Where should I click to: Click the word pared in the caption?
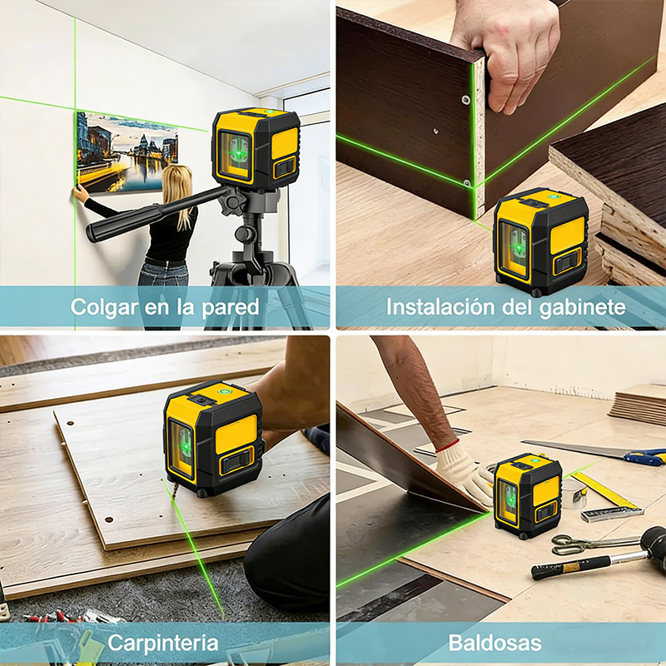(x=231, y=307)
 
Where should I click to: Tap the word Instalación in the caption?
(x=441, y=307)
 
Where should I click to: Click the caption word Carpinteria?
(x=162, y=643)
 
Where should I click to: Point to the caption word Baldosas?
(x=495, y=643)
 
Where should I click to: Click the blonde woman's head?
(x=176, y=181)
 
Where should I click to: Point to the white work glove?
(x=463, y=470)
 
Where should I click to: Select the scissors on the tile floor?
(x=594, y=544)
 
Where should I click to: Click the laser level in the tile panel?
(x=529, y=495)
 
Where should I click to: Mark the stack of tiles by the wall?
(x=638, y=405)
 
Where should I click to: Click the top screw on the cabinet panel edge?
(x=466, y=100)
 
